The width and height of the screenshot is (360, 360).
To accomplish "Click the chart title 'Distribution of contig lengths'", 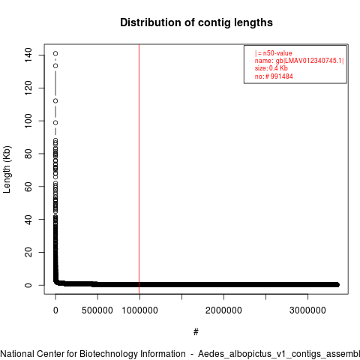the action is [x=196, y=22].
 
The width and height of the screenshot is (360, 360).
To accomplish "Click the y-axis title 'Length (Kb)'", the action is [x=7, y=169].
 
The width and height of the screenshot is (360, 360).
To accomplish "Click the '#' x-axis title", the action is [x=196, y=332].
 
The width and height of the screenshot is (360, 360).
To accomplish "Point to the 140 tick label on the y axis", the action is [x=28, y=55].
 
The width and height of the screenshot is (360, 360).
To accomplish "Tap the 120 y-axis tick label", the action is [x=28, y=88].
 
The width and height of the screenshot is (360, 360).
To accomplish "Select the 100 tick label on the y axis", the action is [x=28, y=121].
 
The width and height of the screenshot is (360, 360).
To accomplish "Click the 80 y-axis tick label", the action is [x=28, y=154].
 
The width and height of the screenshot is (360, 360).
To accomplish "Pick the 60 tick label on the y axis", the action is [x=28, y=187].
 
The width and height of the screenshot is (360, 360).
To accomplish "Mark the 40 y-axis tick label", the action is [x=28, y=219].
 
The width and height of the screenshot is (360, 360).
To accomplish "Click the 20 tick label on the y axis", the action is [x=28, y=252].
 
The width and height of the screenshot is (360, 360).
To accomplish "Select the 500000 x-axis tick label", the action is [x=97, y=310].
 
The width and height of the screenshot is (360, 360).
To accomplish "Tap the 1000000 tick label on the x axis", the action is [x=139, y=310].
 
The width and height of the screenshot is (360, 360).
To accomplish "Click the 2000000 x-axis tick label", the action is [x=223, y=310].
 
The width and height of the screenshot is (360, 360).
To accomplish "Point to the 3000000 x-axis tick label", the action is [x=307, y=310].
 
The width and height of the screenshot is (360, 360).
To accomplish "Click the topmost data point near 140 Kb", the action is [x=55, y=53].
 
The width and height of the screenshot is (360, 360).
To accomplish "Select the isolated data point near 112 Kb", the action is [x=55, y=100].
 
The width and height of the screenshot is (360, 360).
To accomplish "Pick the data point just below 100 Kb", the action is [x=55, y=122].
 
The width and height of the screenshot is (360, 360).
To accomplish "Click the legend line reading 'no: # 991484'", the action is [x=274, y=76].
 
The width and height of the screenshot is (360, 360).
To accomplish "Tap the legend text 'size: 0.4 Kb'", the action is [x=271, y=68].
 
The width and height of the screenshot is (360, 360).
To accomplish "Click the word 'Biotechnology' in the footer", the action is [x=133, y=354].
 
